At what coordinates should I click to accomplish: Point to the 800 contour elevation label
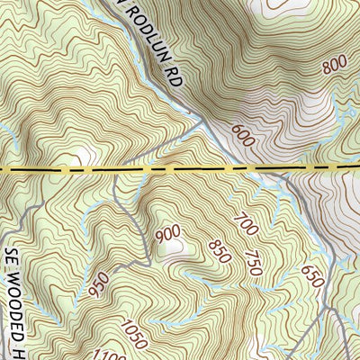[333, 65]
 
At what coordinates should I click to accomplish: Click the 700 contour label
[244, 221]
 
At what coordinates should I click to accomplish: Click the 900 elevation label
[168, 235]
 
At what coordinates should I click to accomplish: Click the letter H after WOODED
[16, 340]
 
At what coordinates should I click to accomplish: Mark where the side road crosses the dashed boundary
[118, 169]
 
